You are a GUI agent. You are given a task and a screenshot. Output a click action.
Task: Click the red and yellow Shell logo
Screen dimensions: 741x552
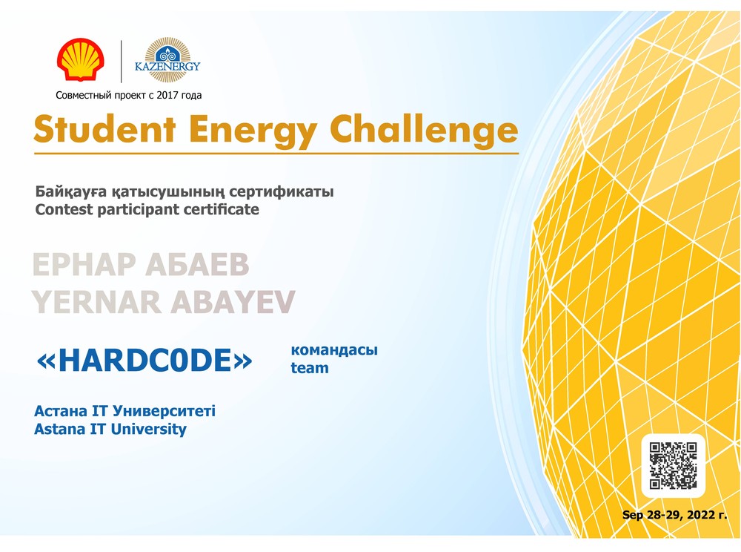coord(81,59)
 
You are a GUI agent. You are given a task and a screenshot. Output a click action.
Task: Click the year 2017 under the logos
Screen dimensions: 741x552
coord(167,95)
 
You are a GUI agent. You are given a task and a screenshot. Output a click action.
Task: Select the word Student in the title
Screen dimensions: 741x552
coord(104,128)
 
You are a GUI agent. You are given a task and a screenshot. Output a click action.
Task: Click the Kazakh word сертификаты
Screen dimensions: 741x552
coord(281,191)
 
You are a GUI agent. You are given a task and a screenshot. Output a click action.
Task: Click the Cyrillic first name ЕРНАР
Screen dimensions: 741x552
coord(84,264)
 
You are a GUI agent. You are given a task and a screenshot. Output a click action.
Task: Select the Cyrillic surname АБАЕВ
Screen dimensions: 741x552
coord(197,264)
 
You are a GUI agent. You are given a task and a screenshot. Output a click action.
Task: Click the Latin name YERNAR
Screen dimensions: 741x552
coord(96,302)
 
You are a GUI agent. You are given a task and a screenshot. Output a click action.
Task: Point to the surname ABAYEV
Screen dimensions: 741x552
coord(233,302)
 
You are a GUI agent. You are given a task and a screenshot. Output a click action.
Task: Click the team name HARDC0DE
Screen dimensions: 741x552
coord(144,361)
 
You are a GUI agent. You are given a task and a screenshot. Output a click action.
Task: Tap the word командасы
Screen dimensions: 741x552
coord(334,350)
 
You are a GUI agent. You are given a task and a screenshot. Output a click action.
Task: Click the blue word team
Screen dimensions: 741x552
coord(310,367)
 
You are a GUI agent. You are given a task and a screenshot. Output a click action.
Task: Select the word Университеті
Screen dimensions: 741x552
coord(164,411)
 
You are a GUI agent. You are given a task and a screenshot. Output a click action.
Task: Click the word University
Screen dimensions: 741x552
coord(148,430)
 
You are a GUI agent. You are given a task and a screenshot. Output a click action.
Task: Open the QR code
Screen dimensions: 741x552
coord(673,465)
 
